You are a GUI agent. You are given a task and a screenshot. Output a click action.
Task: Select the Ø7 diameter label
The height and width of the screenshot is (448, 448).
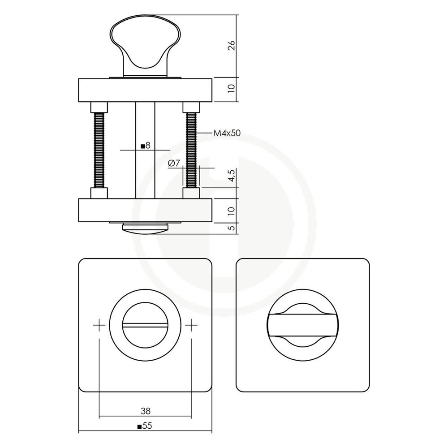[174, 164]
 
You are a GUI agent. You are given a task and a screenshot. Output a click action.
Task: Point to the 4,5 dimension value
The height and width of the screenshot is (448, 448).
[231, 177]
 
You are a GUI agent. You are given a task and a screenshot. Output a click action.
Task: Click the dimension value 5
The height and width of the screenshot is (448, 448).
[231, 228]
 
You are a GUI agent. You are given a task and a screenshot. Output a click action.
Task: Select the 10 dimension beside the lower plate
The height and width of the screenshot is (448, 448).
[231, 210]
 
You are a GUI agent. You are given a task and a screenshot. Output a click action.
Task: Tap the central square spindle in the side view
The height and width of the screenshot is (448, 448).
[145, 170]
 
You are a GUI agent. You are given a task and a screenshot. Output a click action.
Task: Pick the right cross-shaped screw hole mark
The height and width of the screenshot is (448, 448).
[191, 324]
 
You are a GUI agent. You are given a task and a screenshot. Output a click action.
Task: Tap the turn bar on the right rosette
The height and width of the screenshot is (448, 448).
[303, 324]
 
